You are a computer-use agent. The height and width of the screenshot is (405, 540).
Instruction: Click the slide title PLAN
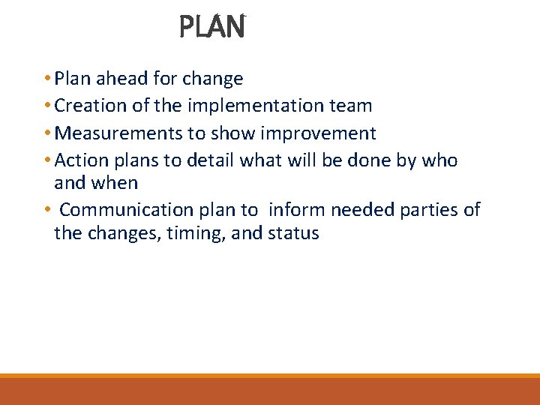coord(212,28)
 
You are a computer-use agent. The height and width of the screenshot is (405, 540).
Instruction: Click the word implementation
coord(267,106)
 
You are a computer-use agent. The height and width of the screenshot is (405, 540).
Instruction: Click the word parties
coord(424,210)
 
